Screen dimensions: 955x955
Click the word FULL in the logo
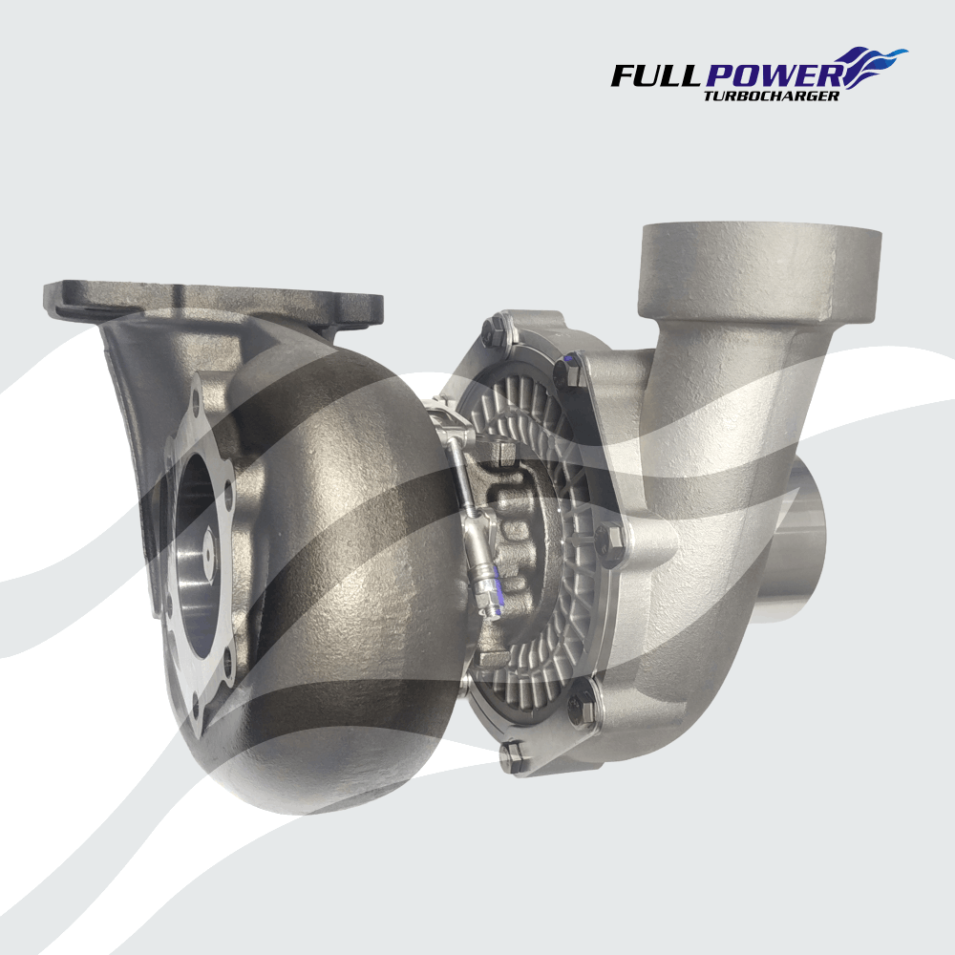pos(657,75)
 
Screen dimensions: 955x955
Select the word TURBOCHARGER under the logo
pos(771,95)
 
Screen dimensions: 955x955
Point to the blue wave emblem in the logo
pos(874,66)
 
